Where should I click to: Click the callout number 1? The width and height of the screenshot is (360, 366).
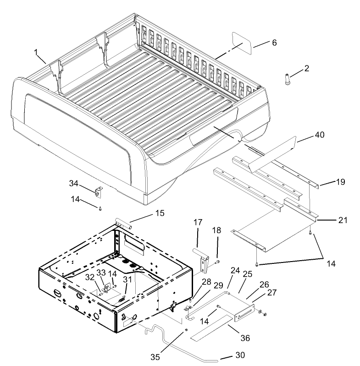[x=36, y=53]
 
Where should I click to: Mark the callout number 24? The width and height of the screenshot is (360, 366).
[x=235, y=272]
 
